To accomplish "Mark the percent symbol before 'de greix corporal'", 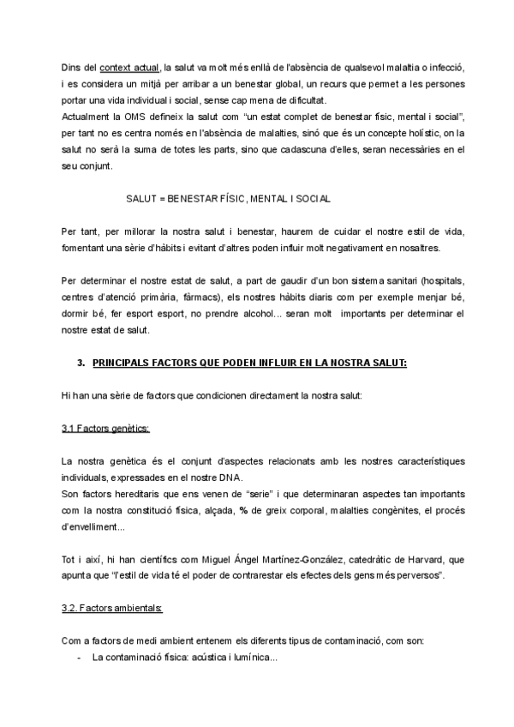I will point(268,510).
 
